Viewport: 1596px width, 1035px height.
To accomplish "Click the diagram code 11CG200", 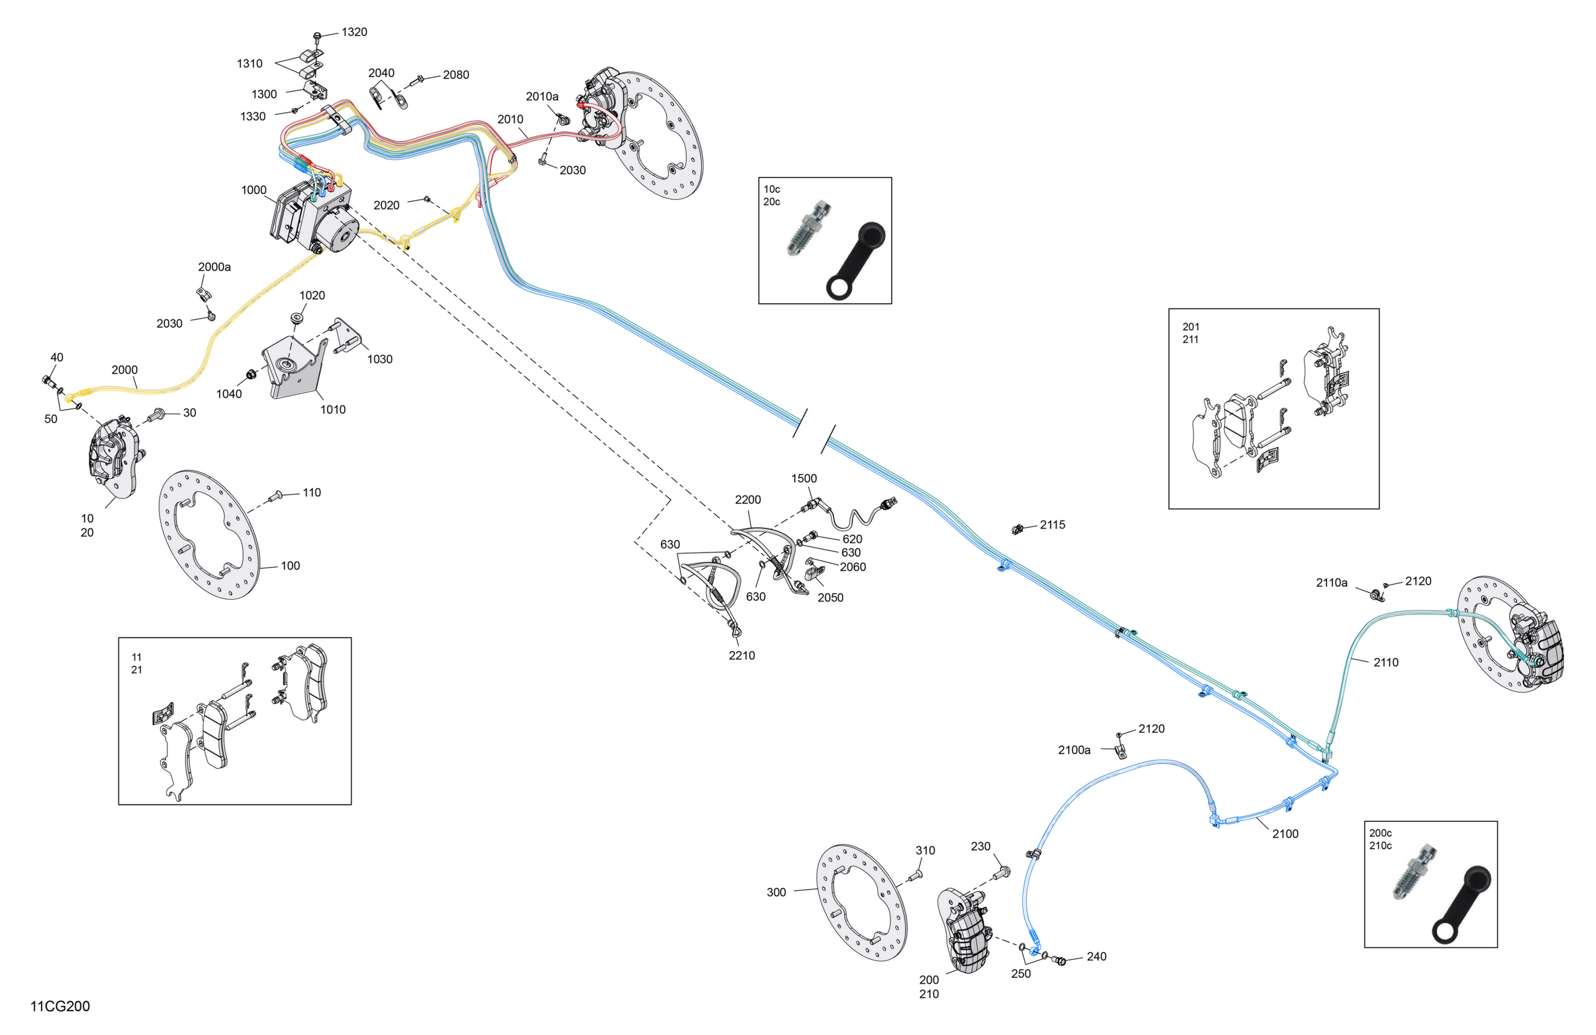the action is (x=60, y=1006).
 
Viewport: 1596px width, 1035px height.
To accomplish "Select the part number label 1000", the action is (x=253, y=191).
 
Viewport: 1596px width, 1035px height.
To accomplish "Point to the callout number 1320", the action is (x=354, y=32).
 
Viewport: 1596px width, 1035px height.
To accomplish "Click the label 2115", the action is (x=1052, y=525).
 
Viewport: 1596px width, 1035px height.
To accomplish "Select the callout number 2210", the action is (x=742, y=656).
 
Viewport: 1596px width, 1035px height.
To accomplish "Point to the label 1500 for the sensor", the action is (x=803, y=479).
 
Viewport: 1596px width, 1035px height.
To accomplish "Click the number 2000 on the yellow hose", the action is (x=124, y=370).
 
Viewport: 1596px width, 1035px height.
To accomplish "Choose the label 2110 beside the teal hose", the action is (x=1385, y=663).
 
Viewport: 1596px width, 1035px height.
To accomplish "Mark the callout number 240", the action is (x=1096, y=957).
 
